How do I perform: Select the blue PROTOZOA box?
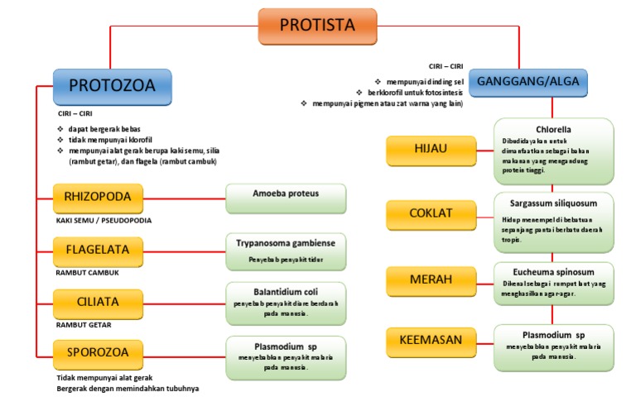click(x=112, y=86)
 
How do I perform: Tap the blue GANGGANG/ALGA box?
click(x=529, y=82)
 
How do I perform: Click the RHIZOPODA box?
click(x=98, y=198)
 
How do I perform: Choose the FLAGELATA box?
click(x=98, y=249)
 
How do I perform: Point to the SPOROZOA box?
click(x=98, y=355)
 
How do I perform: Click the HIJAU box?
click(x=431, y=151)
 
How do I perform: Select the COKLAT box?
click(x=431, y=213)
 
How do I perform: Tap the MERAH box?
click(x=431, y=280)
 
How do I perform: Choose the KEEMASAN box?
click(x=431, y=340)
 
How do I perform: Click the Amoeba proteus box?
click(x=286, y=198)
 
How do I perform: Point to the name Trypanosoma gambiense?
click(x=286, y=244)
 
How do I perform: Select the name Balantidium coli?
click(x=286, y=292)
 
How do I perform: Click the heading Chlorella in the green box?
click(x=554, y=130)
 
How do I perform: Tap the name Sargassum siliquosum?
click(x=554, y=202)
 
